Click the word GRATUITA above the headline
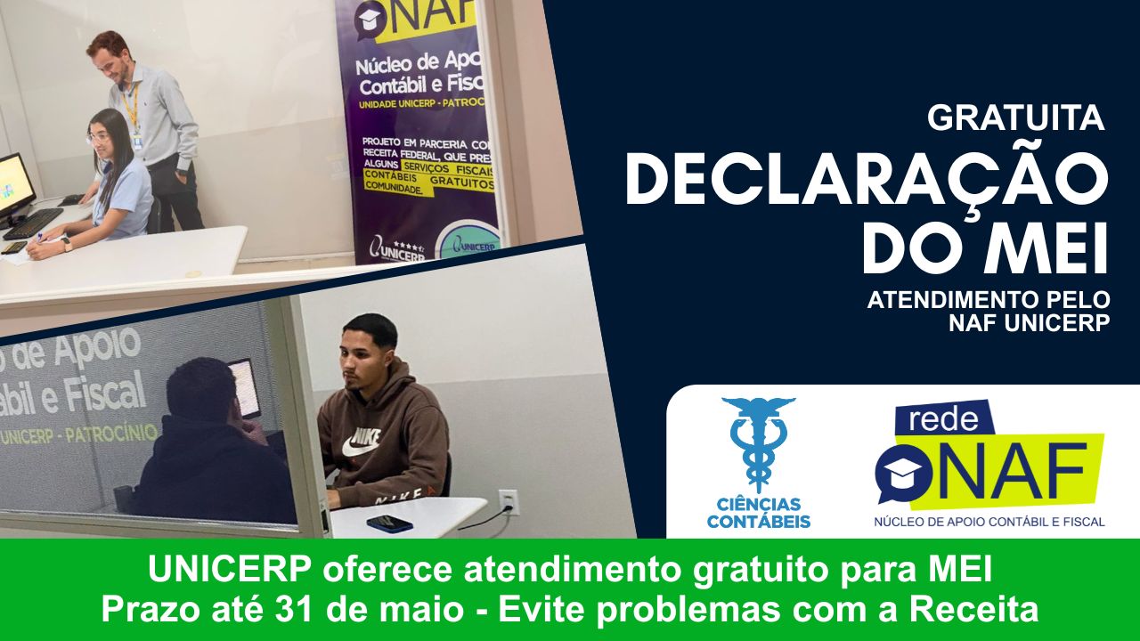click(x=1015, y=118)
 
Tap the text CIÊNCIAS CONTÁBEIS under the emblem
click(x=759, y=513)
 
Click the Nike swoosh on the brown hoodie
click(x=361, y=448)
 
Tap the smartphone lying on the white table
click(x=389, y=523)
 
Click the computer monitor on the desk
click(x=15, y=184)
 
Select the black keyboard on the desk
click(x=32, y=223)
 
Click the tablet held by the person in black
click(x=244, y=387)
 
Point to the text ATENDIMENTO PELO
click(x=989, y=300)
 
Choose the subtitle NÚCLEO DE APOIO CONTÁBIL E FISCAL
click(x=989, y=521)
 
